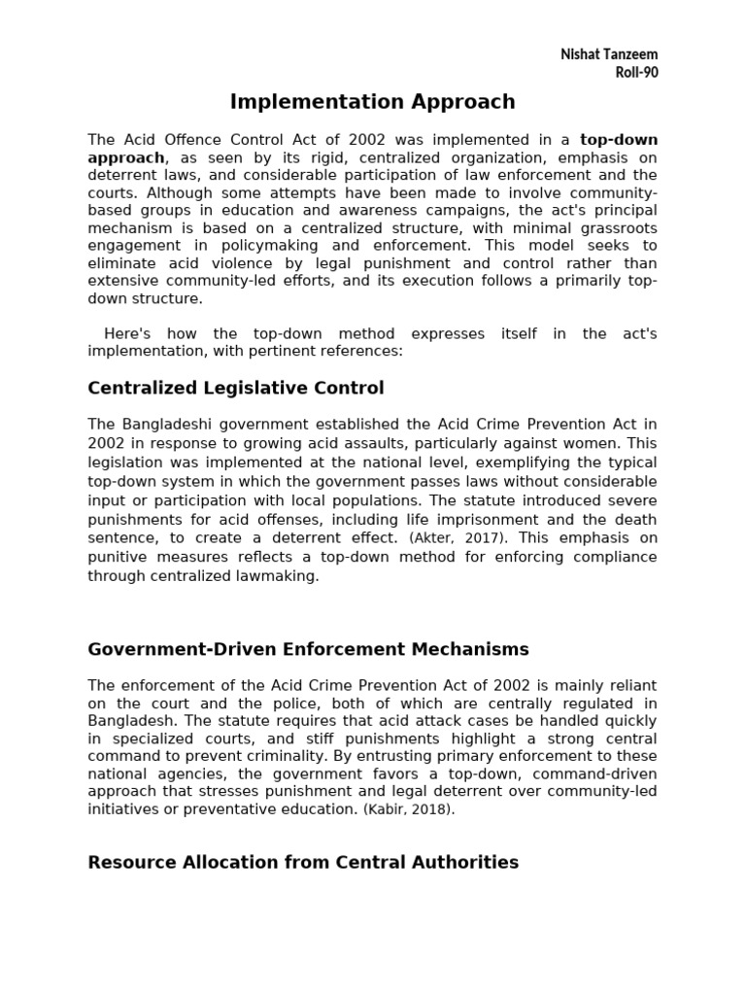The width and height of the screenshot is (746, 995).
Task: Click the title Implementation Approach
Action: pos(372,102)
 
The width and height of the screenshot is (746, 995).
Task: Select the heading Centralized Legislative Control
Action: pos(236,389)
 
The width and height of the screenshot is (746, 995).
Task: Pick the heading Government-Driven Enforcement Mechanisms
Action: pos(308,649)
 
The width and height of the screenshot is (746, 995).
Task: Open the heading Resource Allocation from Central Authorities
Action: pos(303,862)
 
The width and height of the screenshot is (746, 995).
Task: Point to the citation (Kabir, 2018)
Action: pos(409,809)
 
